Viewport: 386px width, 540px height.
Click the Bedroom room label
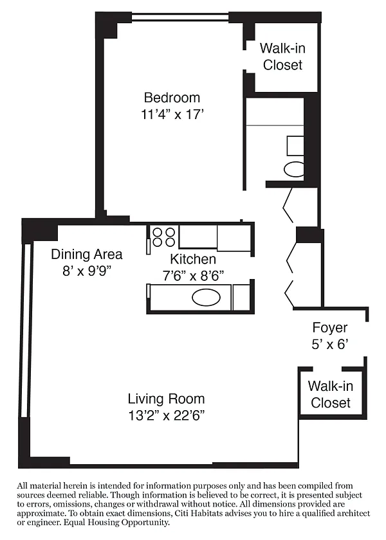pos(172,98)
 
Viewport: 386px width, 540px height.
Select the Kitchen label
pos(193,259)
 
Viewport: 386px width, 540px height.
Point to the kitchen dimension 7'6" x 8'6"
pos(193,276)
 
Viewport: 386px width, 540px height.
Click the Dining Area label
pos(87,255)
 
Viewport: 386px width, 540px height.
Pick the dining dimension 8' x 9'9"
pos(87,271)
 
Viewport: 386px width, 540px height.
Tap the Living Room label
pos(167,399)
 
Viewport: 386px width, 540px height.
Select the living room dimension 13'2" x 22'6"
pos(167,416)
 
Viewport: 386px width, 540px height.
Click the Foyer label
pos(330,327)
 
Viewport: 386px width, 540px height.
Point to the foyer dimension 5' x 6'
pos(330,344)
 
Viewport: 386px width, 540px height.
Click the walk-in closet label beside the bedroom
pos(282,57)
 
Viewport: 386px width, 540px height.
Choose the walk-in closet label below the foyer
pos(331,394)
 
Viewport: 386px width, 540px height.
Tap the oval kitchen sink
pos(206,297)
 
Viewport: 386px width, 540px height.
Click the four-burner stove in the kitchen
pos(163,237)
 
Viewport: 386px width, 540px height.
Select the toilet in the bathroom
pos(294,169)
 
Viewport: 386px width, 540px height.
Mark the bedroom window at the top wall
pos(180,17)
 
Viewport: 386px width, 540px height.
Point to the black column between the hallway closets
pos(309,235)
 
